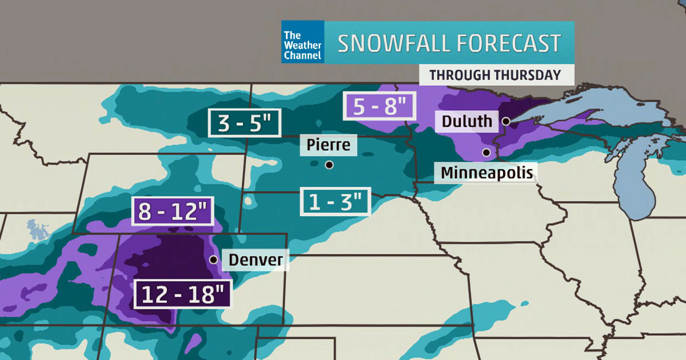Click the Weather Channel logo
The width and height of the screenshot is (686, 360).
pos(302,42)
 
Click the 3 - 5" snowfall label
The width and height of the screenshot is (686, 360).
pos(244,122)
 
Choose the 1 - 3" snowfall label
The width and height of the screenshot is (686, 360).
pos(336,202)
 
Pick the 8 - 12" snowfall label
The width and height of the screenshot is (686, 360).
pos(173,211)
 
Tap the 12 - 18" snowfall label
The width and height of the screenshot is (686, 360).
pos(183,295)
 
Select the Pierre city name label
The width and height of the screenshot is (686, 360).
pos(328,145)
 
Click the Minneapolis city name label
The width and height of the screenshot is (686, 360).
pos(487,172)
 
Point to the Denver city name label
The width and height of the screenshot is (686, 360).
pos(256,260)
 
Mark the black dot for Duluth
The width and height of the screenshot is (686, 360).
pos(506,121)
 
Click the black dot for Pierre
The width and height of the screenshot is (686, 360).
pos(329,165)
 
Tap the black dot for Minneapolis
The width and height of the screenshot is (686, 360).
pos(486,153)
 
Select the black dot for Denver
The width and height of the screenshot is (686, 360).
pos(213,259)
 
